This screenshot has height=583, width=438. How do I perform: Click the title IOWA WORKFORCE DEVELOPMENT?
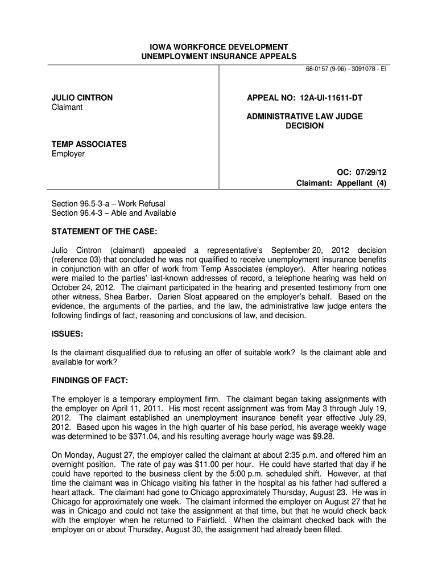point(219,47)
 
